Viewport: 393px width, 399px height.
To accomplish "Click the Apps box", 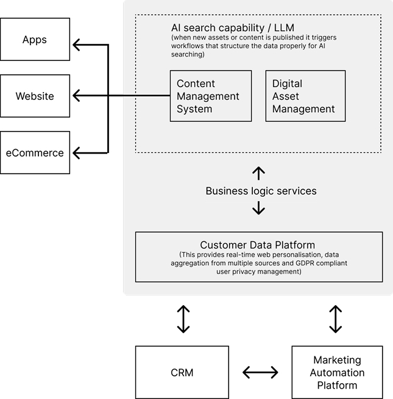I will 35,40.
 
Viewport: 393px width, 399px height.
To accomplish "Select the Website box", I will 35,96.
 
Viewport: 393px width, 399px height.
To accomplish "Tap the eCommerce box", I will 35,153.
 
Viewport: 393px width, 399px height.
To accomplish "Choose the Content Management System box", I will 210,96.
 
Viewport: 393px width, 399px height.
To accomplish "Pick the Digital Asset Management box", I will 305,96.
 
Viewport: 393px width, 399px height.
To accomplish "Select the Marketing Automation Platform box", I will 337,372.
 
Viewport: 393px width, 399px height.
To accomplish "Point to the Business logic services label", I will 261,191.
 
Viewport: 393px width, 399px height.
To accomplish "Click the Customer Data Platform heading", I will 258,245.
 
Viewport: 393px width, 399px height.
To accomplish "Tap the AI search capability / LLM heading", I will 233,28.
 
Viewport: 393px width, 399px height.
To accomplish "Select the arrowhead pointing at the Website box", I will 76,96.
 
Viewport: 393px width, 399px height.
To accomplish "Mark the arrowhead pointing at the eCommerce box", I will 76,152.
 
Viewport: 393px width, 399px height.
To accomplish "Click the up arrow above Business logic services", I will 258,172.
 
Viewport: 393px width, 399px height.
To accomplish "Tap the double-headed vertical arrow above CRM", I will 183,319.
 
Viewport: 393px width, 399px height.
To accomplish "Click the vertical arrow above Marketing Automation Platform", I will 335,319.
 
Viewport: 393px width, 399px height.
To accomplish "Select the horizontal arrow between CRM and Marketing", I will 260,372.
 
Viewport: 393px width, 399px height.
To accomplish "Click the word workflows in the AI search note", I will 189,46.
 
